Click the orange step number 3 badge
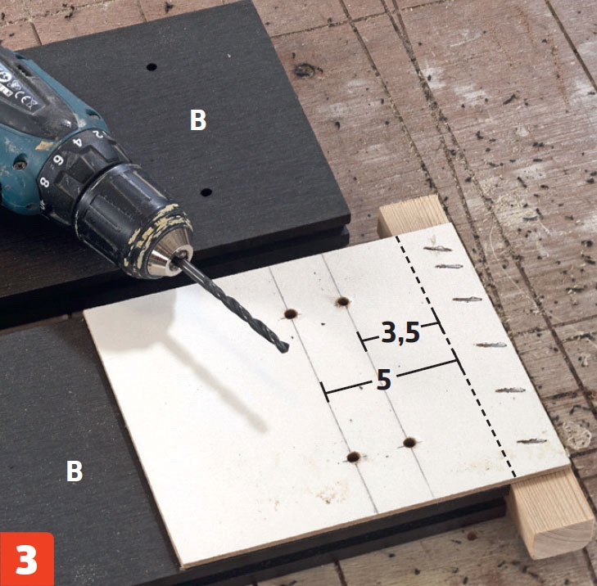(x=27, y=559)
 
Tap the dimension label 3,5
(x=400, y=333)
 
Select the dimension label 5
(x=384, y=380)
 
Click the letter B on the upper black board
(x=198, y=120)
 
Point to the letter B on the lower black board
(x=75, y=471)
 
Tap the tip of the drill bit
(x=285, y=349)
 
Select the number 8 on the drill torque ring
(x=44, y=183)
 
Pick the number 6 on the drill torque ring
(x=59, y=160)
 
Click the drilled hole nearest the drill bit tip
(x=292, y=314)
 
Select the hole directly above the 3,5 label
(x=343, y=302)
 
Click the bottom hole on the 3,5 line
(x=409, y=443)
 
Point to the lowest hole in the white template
(x=354, y=457)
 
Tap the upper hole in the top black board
(x=152, y=67)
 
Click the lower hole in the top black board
(x=206, y=192)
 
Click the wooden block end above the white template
(x=412, y=214)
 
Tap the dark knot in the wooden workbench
(x=305, y=70)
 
